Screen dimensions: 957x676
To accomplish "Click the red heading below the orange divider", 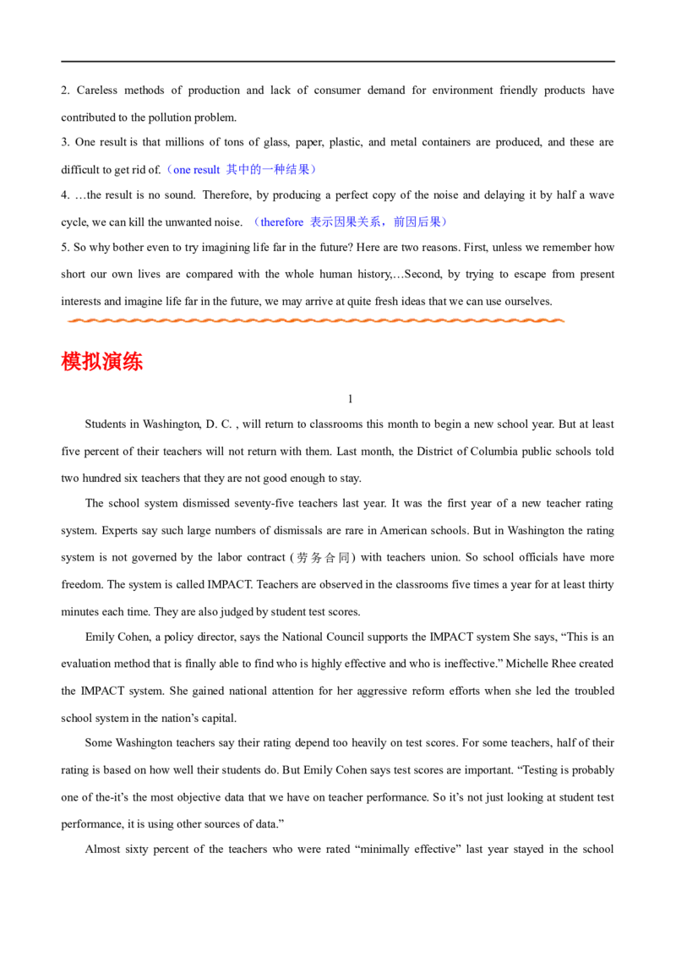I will pyautogui.click(x=102, y=362).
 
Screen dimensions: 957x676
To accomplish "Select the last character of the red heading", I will pyautogui.click(x=134, y=362).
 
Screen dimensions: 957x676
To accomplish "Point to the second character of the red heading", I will pyautogui.click(x=92, y=362).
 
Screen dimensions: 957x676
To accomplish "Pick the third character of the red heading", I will pyautogui.click(x=112, y=362).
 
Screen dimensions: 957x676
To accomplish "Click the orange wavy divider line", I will pyautogui.click(x=314, y=320).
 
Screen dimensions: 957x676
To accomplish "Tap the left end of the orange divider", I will pyautogui.click(x=64, y=320).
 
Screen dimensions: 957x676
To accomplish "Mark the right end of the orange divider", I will pyautogui.click(x=564, y=320).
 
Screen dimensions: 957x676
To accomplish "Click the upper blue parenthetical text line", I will pyautogui.click(x=241, y=170).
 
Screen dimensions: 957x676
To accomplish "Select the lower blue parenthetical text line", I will pyautogui.click(x=349, y=222).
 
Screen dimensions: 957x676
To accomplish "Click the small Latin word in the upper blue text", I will pyautogui.click(x=194, y=170).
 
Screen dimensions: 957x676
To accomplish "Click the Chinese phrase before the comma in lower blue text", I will pyautogui.click(x=346, y=222).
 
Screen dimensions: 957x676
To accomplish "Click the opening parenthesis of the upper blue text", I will pyautogui.click(x=166, y=170).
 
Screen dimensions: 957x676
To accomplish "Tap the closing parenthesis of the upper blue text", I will pyautogui.click(x=314, y=170).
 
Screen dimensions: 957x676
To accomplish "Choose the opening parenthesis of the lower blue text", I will pyautogui.click(x=254, y=222).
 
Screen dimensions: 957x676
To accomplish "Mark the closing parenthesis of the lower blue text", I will pyautogui.click(x=444, y=222).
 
